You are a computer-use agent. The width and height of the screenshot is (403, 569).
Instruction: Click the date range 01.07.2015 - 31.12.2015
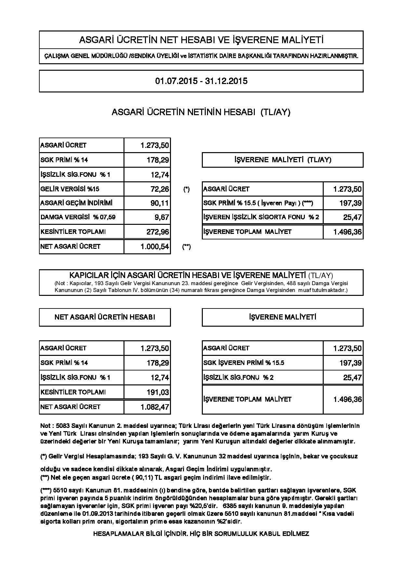201,81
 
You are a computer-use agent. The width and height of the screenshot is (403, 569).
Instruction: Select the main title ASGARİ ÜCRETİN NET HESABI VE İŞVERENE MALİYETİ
201,40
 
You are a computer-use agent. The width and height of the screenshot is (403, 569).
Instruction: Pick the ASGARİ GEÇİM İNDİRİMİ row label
76,203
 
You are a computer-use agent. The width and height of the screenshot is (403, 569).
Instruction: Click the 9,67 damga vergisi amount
162,217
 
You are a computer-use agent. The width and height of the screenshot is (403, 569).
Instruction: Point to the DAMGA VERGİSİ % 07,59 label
78,217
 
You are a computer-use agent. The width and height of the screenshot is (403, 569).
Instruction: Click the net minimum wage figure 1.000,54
155,247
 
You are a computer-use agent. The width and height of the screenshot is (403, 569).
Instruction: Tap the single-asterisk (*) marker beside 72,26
186,189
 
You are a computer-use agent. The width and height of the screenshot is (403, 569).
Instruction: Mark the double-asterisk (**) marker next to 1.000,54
186,247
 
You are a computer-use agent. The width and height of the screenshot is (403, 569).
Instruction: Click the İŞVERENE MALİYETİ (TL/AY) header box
282,160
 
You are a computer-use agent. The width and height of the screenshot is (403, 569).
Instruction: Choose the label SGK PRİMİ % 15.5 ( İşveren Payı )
258,203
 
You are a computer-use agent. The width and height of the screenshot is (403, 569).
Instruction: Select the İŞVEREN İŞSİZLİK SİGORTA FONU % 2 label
261,217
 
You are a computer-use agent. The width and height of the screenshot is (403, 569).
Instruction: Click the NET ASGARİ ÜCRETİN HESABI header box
105,317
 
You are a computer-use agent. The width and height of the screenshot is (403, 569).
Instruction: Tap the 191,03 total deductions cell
158,392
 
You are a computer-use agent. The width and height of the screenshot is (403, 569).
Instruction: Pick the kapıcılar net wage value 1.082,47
155,407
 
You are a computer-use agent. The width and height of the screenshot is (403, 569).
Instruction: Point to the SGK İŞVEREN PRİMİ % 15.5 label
244,363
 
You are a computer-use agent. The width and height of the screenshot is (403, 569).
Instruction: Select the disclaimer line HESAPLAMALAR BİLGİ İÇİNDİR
201,534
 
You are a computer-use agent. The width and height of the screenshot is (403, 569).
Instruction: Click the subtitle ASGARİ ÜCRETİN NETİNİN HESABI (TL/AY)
201,112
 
